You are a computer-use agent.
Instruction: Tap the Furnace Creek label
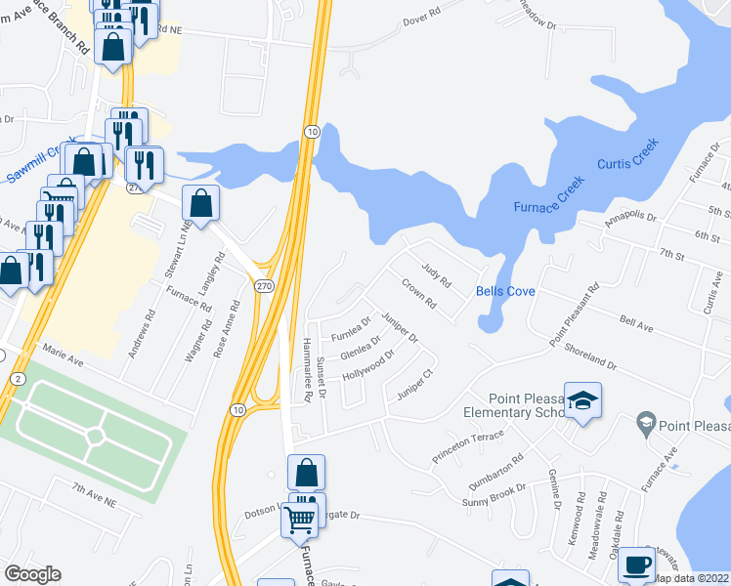click(549, 194)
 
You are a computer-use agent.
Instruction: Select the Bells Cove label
click(504, 291)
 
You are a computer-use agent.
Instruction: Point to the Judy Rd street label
click(436, 274)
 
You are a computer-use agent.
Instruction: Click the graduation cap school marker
click(583, 401)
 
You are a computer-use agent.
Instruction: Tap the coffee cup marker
click(635, 565)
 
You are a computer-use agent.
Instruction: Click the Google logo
click(32, 574)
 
